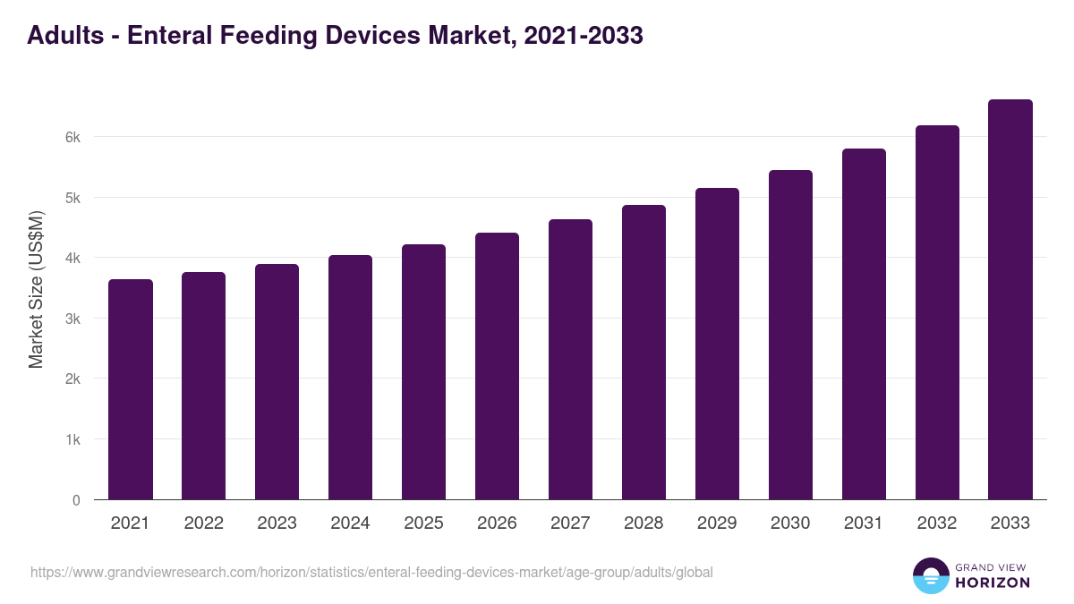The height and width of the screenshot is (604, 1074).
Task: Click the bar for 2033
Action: pos(1010,300)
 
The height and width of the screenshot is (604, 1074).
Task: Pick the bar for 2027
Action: pos(570,360)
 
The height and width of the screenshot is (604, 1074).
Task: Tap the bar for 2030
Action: pos(790,335)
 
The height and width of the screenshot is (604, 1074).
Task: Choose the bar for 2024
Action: pos(350,378)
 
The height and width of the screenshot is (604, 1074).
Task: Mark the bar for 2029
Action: pos(717,344)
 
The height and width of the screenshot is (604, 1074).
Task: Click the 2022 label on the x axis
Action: pos(203,523)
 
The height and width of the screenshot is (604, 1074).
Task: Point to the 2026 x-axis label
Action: pos(497,523)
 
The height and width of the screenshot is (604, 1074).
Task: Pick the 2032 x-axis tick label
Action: pos(937,523)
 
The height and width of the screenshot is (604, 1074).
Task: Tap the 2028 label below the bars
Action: pos(644,523)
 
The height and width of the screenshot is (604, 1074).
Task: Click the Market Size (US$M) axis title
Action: pos(36,289)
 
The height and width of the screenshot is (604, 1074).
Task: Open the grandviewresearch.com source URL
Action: pos(371,572)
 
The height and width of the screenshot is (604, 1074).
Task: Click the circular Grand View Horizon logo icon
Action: pos(931,575)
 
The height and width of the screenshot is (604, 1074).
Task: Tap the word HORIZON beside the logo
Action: pos(992,583)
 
